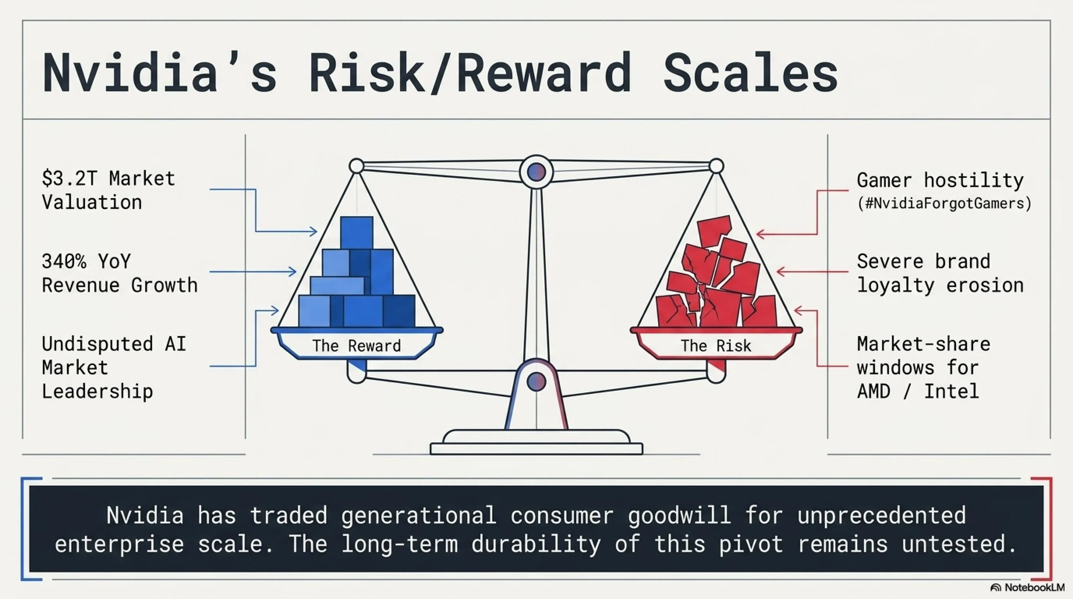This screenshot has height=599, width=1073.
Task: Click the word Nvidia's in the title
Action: coord(160,72)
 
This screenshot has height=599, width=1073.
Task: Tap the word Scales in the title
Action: coord(750,72)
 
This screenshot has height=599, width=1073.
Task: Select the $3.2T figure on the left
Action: coord(69,178)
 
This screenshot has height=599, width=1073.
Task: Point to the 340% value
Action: coord(64,261)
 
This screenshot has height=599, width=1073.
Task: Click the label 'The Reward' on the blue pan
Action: coord(356,346)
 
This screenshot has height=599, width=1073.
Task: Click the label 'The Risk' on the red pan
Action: coord(716,346)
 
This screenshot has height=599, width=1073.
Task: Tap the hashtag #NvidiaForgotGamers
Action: coord(944,203)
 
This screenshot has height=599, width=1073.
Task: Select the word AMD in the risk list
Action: coord(873,391)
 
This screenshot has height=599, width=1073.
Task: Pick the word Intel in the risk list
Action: coord(952,391)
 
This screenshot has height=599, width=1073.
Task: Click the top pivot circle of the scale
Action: coord(536,172)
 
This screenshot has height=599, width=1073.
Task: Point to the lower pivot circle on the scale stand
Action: coord(536,381)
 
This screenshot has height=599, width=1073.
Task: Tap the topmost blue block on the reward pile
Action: coord(356,232)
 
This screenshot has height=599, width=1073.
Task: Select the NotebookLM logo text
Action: coord(1035,587)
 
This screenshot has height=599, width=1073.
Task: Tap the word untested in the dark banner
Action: coord(958,544)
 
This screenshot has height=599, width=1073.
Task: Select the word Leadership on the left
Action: coord(97,392)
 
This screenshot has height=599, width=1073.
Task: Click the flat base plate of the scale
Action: coord(536,448)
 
